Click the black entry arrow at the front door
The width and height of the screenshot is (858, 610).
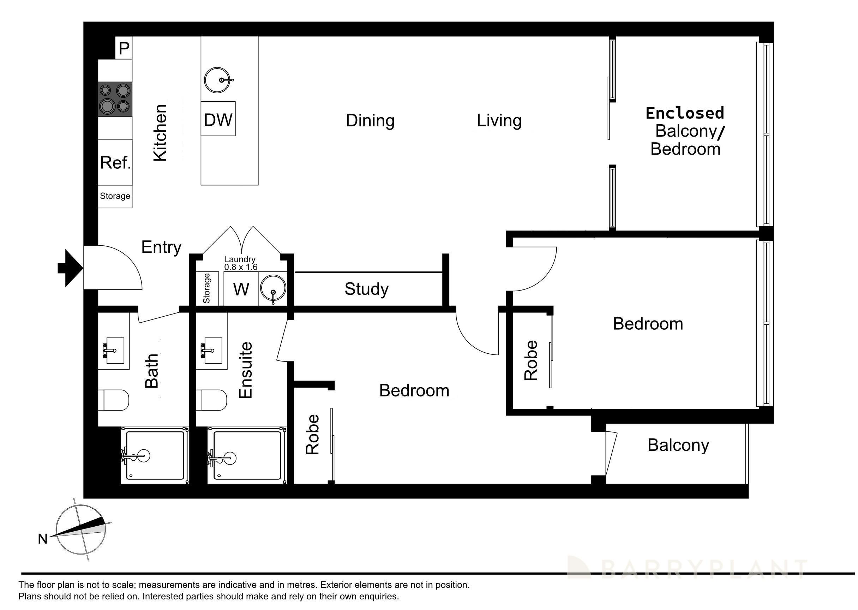pyautogui.click(x=70, y=268)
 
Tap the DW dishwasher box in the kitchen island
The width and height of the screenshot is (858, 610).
pyautogui.click(x=218, y=119)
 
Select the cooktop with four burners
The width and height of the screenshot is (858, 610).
pyautogui.click(x=115, y=99)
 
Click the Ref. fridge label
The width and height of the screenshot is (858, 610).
pyautogui.click(x=115, y=163)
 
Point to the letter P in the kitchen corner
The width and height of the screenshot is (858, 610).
pyautogui.click(x=124, y=48)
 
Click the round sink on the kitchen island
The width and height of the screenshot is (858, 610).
pyautogui.click(x=217, y=80)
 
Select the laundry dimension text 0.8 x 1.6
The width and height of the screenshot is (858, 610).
pyautogui.click(x=241, y=267)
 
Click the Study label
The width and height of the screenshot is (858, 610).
pyautogui.click(x=366, y=289)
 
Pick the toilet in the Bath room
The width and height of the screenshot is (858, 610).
pyautogui.click(x=113, y=400)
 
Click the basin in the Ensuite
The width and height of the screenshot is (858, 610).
pyautogui.click(x=212, y=351)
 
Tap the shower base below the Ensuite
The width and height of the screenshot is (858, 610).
pyautogui.click(x=247, y=455)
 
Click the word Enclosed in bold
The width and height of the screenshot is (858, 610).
pyautogui.click(x=684, y=113)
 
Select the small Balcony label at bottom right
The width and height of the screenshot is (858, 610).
pyautogui.click(x=678, y=445)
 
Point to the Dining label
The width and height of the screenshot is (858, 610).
pyautogui.click(x=370, y=121)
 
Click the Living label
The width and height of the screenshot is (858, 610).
pyautogui.click(x=499, y=121)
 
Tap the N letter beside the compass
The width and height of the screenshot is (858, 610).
pyautogui.click(x=42, y=539)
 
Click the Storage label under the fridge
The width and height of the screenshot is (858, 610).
pyautogui.click(x=115, y=196)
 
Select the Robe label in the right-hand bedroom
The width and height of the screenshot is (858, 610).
pyautogui.click(x=531, y=360)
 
